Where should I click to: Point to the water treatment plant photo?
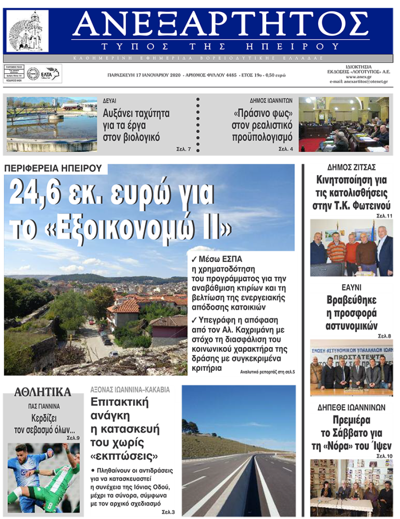52,125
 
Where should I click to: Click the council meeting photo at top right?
343,125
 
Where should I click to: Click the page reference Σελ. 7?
183,149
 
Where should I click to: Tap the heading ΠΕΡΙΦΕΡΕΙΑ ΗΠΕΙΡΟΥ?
55,168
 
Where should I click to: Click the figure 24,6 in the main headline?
44,194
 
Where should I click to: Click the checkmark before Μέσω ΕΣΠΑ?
194,259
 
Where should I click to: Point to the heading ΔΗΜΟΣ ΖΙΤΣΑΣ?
353,167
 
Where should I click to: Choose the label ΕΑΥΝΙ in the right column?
352,288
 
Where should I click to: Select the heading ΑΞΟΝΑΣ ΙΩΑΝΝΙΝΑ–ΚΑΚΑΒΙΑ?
130,390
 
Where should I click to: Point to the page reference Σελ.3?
168,512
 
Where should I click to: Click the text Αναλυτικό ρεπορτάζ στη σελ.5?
267,372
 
